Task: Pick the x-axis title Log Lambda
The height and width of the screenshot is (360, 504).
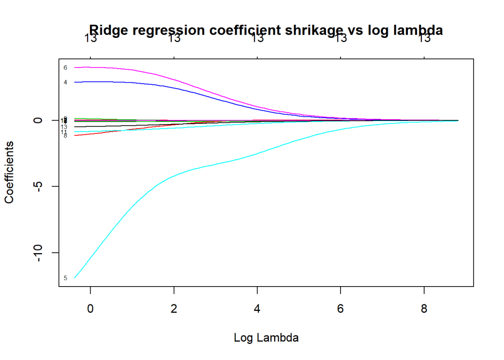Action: [266, 338]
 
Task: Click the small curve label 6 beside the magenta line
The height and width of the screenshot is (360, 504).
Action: [65, 67]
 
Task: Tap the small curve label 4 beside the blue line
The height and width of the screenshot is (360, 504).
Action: [65, 82]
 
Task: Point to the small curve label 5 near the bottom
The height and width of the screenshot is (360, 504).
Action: [65, 278]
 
